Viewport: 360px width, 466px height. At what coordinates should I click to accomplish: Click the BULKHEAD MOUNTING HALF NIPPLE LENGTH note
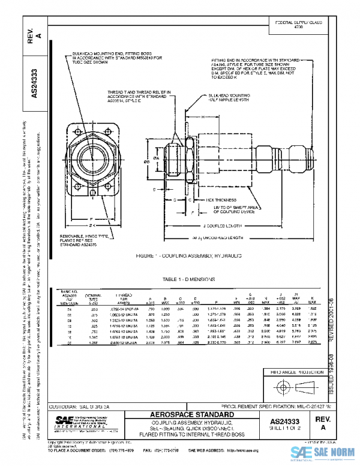(x=232, y=98)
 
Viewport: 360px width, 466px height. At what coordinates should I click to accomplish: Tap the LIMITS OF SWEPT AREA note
(x=233, y=209)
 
